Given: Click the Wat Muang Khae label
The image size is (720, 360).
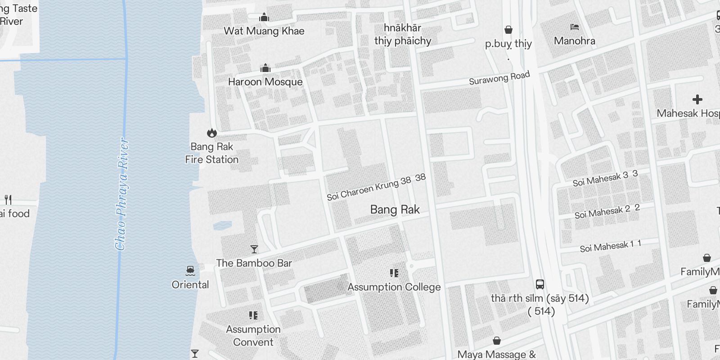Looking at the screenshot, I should [x=264, y=31].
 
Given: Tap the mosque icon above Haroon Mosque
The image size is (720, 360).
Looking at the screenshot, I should [x=265, y=68].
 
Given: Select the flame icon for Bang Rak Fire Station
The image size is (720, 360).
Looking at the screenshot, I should [x=211, y=133].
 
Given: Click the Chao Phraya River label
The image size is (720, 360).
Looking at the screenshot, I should [x=121, y=193].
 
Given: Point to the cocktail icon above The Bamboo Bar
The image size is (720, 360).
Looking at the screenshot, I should [x=254, y=249].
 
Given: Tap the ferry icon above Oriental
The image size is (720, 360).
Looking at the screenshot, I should [x=190, y=270].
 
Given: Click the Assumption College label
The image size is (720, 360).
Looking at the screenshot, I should [x=394, y=287].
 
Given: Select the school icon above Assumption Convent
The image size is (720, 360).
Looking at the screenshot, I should [x=253, y=315].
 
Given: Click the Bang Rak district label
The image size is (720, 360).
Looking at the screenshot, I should [x=395, y=209].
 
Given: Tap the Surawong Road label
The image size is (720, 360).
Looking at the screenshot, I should [x=499, y=78].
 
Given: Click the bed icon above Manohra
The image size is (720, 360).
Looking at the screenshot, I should [x=574, y=27].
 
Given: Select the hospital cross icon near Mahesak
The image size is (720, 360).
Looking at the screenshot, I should [x=697, y=99].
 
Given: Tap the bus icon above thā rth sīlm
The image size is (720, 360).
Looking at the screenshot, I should [x=540, y=284].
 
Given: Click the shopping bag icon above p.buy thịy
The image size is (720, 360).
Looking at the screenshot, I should [x=508, y=30].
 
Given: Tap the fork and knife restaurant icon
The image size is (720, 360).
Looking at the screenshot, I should [x=8, y=199].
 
